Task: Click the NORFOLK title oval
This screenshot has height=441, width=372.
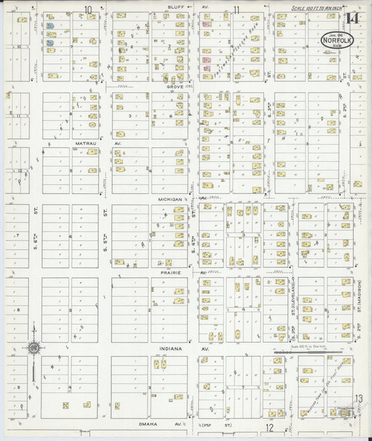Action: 336,41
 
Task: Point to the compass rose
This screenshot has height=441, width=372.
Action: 32,347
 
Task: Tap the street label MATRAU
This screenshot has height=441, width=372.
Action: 85,142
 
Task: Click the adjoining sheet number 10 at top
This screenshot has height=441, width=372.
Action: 88,9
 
